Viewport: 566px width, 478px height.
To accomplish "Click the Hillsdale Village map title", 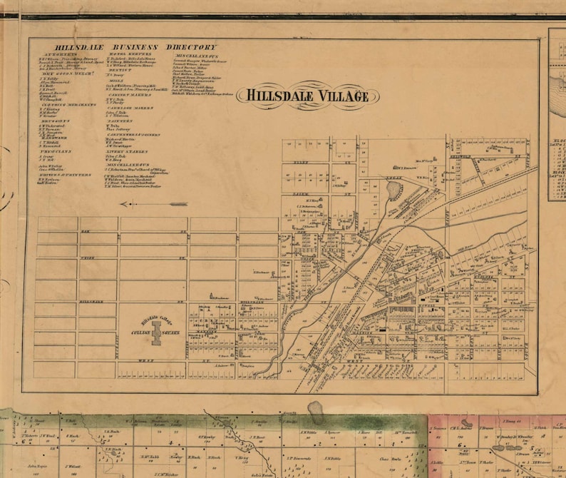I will [x=304, y=96].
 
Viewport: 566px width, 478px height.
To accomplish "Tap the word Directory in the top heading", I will [x=192, y=47].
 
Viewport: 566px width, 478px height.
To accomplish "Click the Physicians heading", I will [x=53, y=151].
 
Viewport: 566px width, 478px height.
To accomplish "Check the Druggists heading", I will [x=53, y=121].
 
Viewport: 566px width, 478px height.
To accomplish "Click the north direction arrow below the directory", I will [x=148, y=204].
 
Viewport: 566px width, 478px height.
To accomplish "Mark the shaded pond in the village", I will [x=393, y=190].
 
